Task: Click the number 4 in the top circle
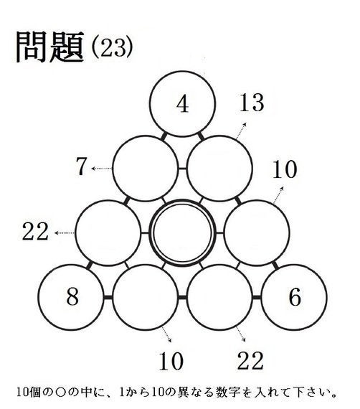coord(182,104)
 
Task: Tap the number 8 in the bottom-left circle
coord(72,297)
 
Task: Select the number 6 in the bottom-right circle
coord(295,297)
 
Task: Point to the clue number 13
coord(252,103)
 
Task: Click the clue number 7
coord(81,166)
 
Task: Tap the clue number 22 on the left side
coord(35,231)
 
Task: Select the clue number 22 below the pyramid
coord(250,360)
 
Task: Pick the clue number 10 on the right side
coord(285,169)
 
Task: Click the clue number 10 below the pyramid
coord(171,361)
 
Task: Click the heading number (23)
coord(113,47)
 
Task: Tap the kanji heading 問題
coord(50,47)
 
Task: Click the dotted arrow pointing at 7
coord(102,169)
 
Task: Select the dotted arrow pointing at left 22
coord(65,233)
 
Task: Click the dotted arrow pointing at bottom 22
coord(241,334)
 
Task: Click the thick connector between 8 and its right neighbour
coord(108,297)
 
